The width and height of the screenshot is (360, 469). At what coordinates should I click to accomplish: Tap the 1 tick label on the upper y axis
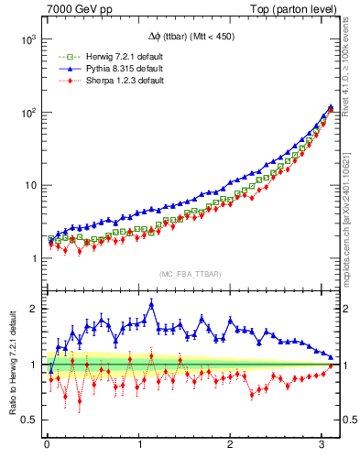32,258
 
